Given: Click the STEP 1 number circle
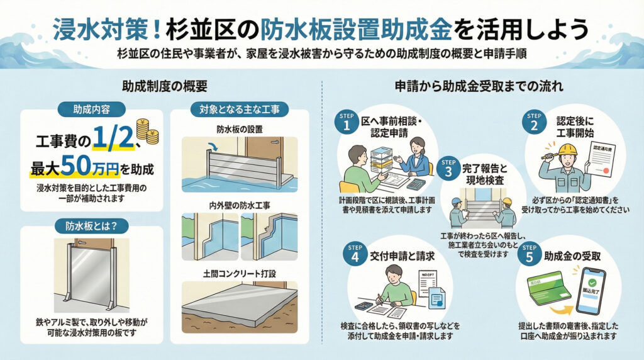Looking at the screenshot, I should point(346,123).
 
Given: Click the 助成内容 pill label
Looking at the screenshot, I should point(92,110).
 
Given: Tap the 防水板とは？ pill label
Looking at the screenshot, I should point(92,225).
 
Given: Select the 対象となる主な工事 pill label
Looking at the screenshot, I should point(239,110).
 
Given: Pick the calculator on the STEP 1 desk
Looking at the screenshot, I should point(416,184).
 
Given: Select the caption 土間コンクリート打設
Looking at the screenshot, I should point(239,273).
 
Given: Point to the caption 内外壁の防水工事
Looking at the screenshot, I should point(239,206).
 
